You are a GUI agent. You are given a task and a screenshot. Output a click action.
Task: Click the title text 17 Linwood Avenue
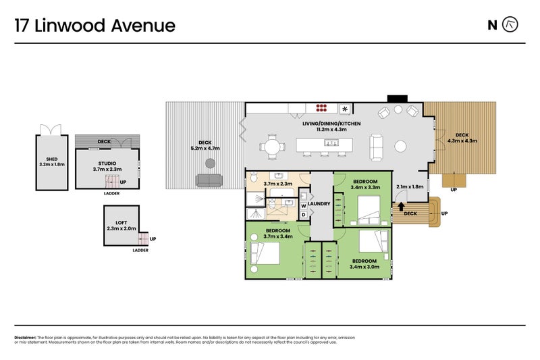click(95, 26)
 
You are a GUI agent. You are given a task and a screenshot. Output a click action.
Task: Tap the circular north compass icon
click(512, 25)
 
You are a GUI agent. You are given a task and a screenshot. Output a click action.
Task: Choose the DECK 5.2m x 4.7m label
click(206, 145)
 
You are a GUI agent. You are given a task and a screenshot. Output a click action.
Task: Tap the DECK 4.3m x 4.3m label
click(462, 138)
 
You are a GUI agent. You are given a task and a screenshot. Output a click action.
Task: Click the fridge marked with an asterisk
click(346, 108)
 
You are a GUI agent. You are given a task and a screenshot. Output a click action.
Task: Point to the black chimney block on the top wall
click(398, 99)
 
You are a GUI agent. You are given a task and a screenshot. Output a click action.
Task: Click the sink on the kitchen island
click(331, 143)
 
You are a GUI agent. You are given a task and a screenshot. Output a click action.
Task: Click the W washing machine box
click(304, 205)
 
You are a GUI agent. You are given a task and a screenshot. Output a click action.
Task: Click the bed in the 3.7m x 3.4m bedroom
click(265, 254)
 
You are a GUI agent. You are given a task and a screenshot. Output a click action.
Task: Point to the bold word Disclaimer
click(25, 337)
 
